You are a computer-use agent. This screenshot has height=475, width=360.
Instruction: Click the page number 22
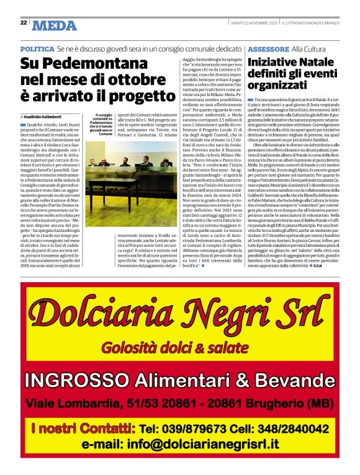[x=23, y=22]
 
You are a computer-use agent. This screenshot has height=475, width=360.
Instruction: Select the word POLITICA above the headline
[x=37, y=48]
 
